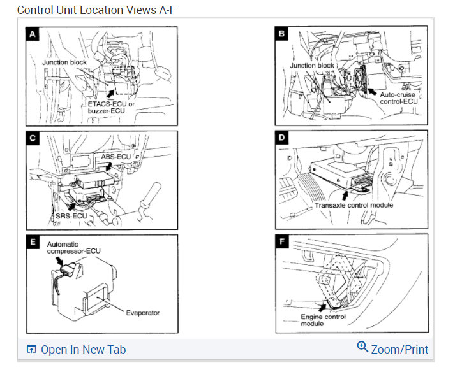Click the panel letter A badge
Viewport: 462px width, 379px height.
(33, 34)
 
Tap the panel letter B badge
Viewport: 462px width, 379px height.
(281, 34)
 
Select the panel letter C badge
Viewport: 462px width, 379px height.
(33, 138)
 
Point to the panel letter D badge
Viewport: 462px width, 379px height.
(281, 138)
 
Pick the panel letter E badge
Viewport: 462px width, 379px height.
(33, 241)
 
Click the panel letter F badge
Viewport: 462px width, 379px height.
(282, 241)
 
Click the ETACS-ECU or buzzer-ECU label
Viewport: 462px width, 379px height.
(111, 107)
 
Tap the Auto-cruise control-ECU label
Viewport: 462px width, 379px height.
(399, 98)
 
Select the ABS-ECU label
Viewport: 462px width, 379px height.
(115, 157)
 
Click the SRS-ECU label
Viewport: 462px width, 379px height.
(71, 216)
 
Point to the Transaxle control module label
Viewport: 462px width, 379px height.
(354, 205)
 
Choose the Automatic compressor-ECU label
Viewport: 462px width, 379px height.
(73, 248)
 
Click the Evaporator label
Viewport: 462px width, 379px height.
(143, 313)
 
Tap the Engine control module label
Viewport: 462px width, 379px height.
(324, 320)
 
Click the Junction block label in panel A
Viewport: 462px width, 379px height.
(64, 62)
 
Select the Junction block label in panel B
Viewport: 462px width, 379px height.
(312, 65)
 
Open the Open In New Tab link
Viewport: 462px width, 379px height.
(77, 349)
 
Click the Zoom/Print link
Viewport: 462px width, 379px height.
(392, 348)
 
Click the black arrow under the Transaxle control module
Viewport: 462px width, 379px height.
(345, 196)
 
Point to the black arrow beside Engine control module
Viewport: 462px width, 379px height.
(323, 308)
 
